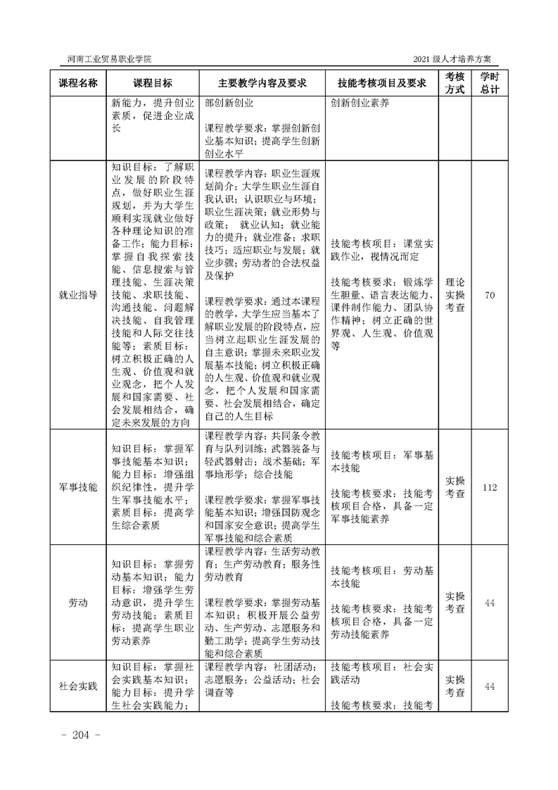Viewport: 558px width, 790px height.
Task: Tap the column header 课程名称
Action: (77, 83)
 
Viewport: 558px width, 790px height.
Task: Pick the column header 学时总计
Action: (490, 82)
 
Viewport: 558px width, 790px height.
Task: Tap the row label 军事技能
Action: (77, 487)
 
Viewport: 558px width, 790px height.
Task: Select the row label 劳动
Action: (77, 603)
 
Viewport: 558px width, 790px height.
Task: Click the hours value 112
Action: (490, 487)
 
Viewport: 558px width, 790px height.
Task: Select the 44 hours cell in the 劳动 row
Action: (490, 603)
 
